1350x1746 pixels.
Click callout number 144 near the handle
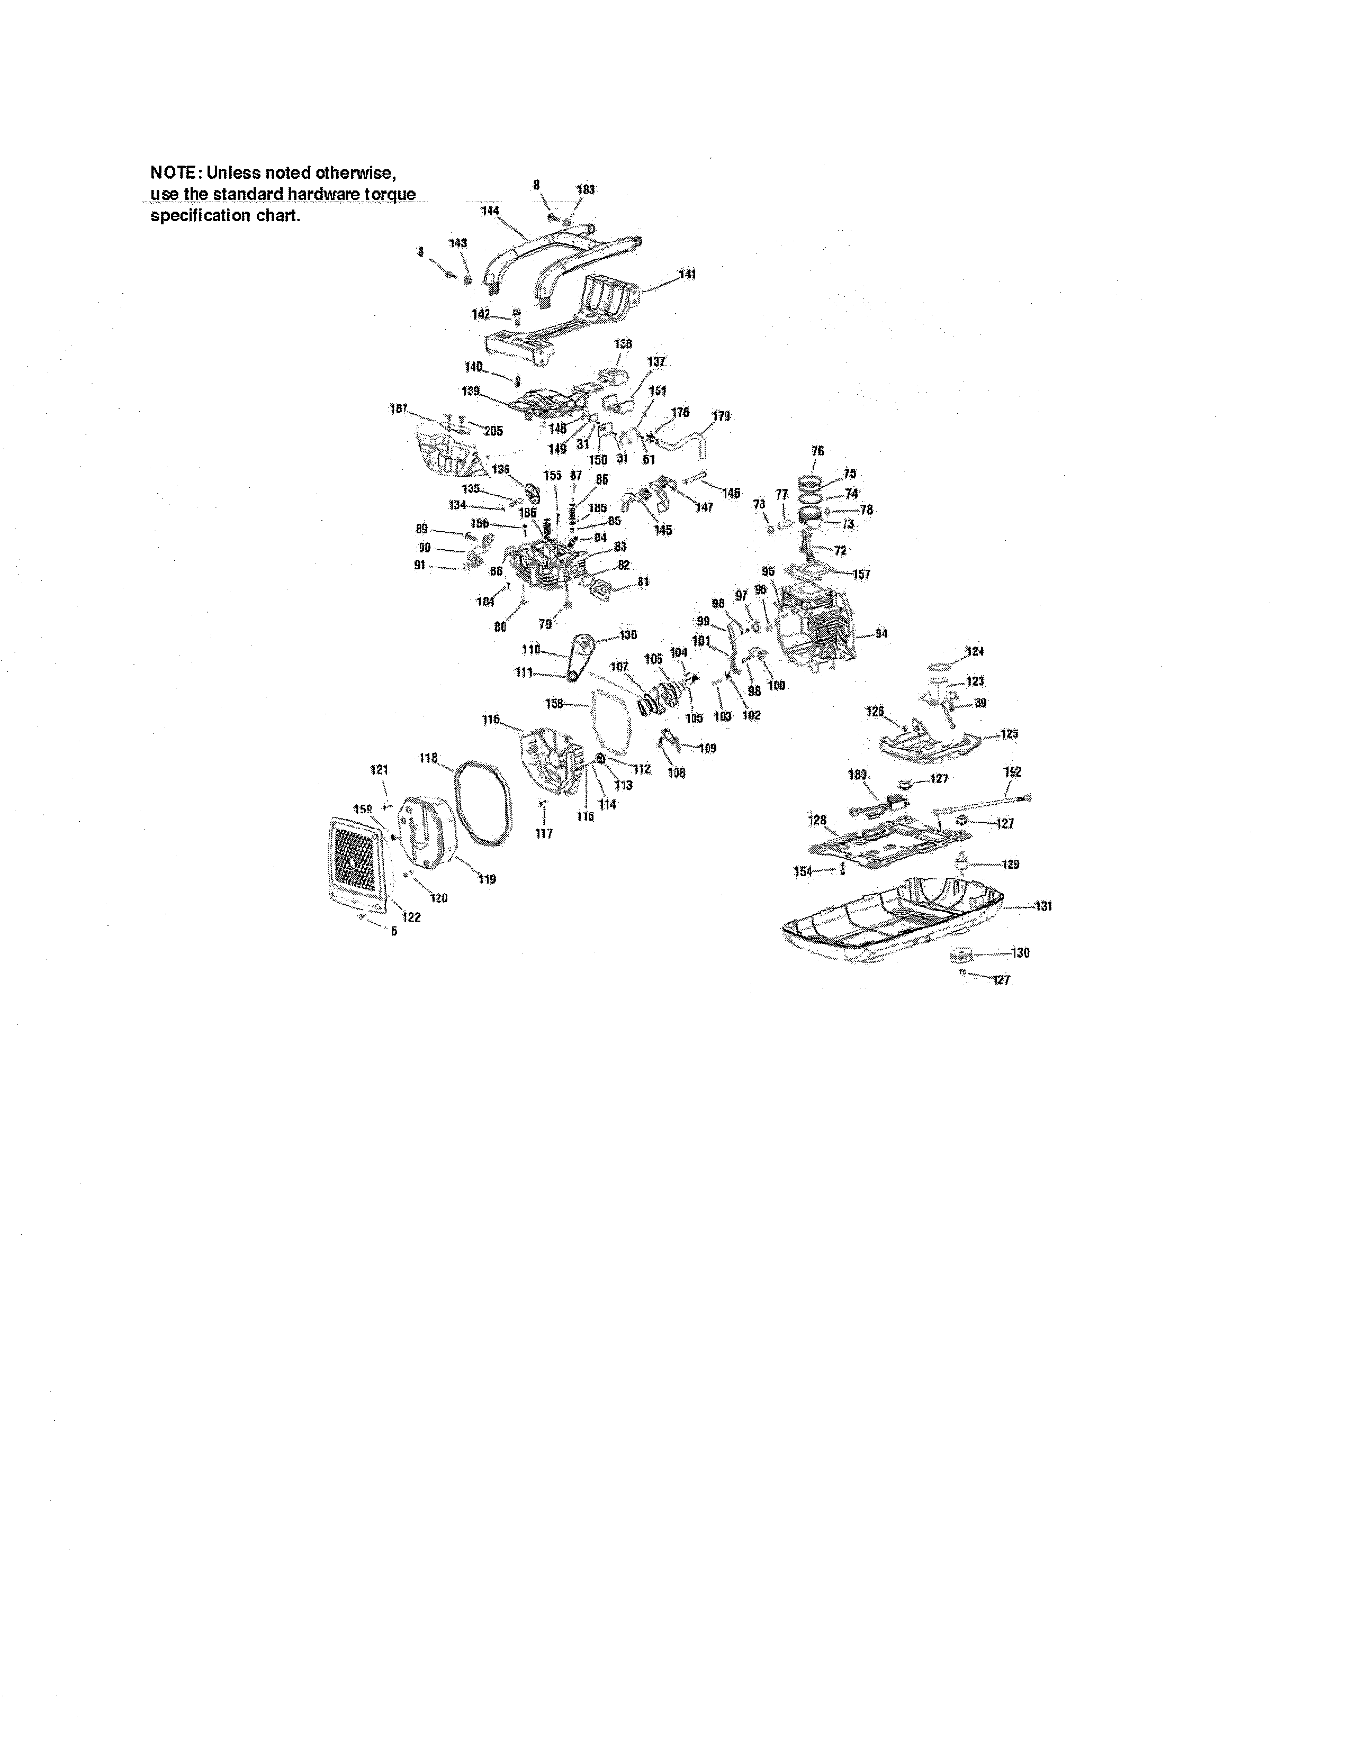[490, 211]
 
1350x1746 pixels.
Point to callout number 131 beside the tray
[1043, 906]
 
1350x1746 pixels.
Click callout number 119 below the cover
[486, 879]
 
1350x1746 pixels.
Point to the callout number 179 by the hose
[721, 416]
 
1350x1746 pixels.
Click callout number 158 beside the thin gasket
[554, 704]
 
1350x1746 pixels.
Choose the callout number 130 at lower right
[1021, 953]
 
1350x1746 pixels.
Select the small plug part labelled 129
[963, 862]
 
